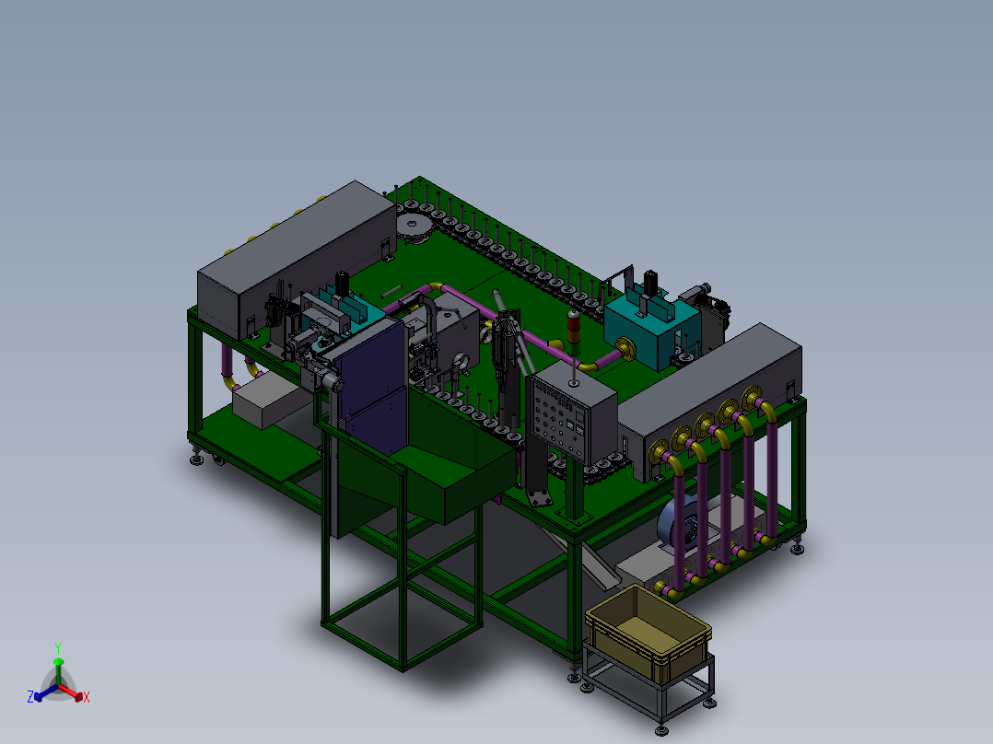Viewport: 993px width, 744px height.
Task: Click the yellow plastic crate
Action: [648, 635]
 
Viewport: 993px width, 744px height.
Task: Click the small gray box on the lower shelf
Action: [267, 403]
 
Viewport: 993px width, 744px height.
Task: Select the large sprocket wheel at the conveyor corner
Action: [412, 227]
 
